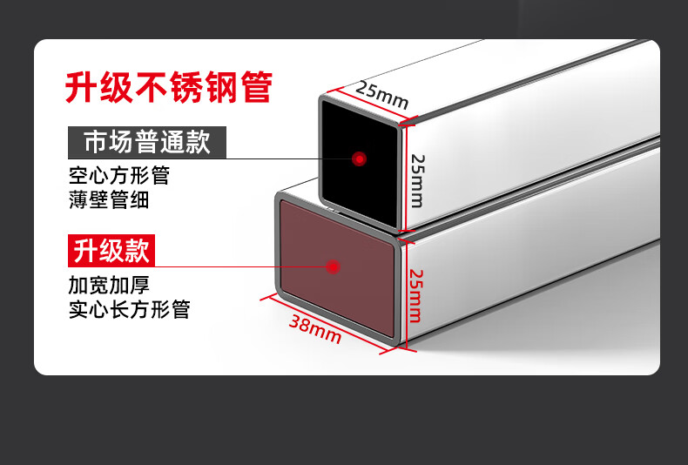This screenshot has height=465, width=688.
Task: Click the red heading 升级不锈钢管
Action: tap(169, 87)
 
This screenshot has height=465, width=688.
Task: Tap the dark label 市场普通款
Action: tap(147, 142)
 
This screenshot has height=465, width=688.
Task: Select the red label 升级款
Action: tap(111, 252)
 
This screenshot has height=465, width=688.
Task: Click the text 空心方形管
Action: tap(118, 175)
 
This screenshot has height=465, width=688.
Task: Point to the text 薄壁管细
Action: tap(109, 199)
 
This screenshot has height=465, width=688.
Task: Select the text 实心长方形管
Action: tap(129, 309)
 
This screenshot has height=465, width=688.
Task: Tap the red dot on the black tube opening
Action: tap(359, 158)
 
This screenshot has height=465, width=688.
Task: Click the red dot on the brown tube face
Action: tap(333, 266)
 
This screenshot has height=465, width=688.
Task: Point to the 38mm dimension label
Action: tap(314, 328)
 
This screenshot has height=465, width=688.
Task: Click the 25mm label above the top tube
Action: tap(381, 96)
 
